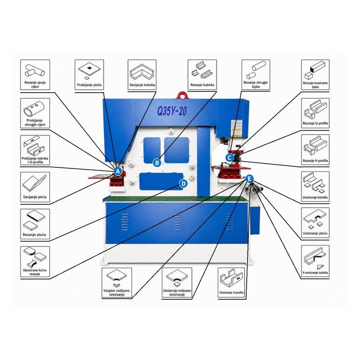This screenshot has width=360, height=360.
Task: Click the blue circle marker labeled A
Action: [118, 171]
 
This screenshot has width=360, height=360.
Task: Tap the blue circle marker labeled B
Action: [157, 163]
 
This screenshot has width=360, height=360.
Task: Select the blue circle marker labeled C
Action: [229, 158]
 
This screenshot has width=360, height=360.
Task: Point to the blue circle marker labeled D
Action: [183, 184]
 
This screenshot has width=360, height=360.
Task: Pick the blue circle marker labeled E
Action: [249, 179]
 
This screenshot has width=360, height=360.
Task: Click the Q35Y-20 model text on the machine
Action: [172, 111]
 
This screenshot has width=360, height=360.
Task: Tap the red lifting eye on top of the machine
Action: [182, 95]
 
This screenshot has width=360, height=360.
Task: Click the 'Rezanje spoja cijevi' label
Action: [35, 85]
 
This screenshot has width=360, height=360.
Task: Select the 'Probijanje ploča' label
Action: [89, 85]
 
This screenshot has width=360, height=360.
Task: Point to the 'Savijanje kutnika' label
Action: [142, 85]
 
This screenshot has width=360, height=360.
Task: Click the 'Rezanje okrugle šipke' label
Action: [256, 85]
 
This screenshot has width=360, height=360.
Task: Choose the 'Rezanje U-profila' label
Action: [315, 123]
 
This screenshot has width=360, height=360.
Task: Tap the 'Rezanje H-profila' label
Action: [315, 161]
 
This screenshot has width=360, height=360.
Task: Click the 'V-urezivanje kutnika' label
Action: [315, 273]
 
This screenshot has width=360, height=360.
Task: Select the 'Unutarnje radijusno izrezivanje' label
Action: [177, 292]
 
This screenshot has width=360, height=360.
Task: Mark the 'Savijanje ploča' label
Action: [35, 197]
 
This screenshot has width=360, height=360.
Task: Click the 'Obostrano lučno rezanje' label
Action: [35, 272]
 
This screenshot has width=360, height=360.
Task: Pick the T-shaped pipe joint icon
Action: [35, 71]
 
